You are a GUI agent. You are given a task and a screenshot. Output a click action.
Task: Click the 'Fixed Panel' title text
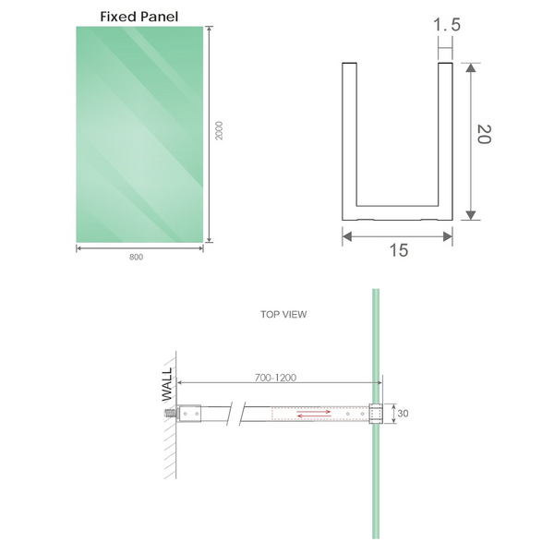(x=138, y=16)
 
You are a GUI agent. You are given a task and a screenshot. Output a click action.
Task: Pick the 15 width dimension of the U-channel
(x=398, y=250)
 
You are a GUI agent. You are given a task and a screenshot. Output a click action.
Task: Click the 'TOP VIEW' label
(x=283, y=314)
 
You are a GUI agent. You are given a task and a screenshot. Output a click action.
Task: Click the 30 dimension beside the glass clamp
(x=403, y=414)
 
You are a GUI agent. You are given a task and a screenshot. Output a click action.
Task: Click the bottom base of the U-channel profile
(x=397, y=213)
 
